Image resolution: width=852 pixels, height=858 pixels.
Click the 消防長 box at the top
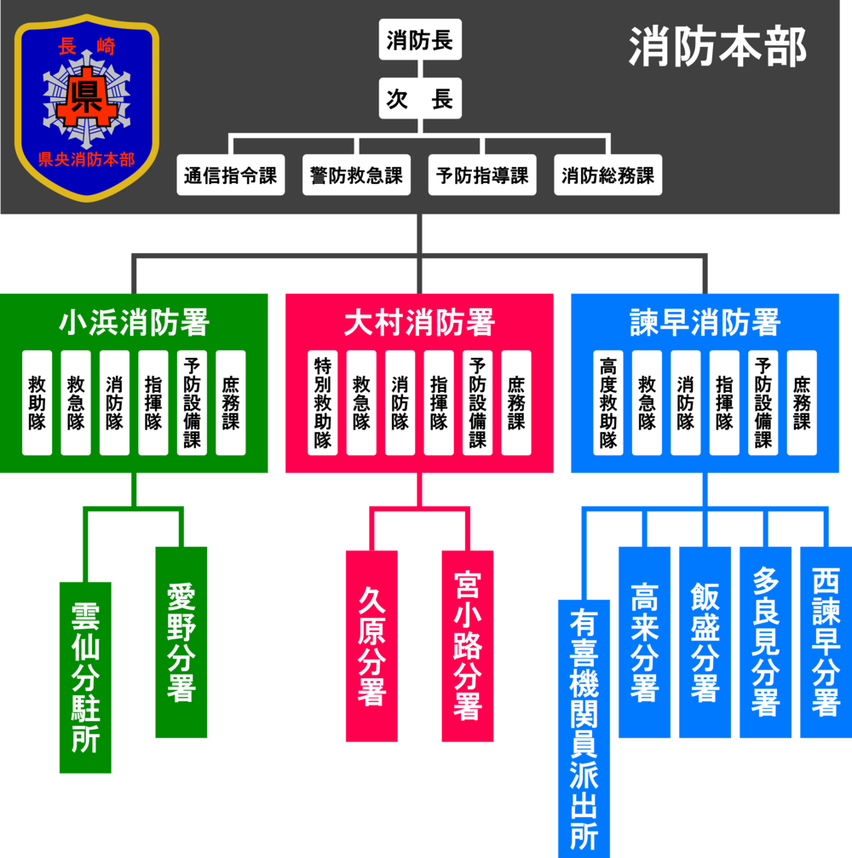420,40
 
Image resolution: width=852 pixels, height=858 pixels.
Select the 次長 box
420,99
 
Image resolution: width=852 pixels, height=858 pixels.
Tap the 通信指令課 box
231,176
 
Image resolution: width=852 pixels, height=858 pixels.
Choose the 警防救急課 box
356,176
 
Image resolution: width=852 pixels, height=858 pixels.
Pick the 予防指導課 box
482,176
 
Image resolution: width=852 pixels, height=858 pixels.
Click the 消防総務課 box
607,176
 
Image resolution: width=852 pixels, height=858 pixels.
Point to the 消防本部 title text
717,48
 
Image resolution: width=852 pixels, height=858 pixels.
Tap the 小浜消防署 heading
134,323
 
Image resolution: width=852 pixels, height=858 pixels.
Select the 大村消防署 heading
419,323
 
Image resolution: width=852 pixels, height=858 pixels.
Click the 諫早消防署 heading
705,323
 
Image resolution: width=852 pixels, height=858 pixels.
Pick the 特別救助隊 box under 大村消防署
323,402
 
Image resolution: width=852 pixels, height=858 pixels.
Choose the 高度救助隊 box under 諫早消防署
608,402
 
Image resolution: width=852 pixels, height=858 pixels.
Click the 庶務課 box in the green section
231,402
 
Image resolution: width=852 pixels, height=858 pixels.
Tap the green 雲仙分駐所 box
85,677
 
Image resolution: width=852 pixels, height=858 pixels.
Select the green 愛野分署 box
181,642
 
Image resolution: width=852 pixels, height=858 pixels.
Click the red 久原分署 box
371,646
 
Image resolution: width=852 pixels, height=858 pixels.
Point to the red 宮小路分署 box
468,646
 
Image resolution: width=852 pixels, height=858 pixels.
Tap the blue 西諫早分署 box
825,642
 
